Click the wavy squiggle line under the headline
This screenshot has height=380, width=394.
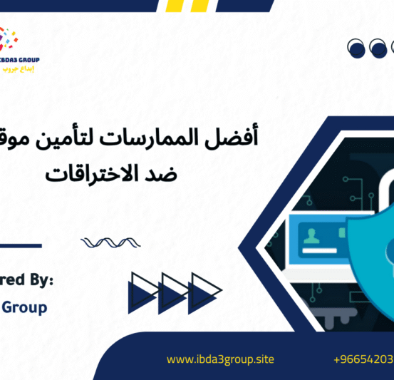click(105, 242)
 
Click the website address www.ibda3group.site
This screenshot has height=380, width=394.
click(220, 360)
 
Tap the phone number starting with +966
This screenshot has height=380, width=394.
click(363, 360)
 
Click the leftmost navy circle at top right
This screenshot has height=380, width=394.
click(356, 48)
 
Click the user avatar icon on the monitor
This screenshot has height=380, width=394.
click(311, 235)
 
